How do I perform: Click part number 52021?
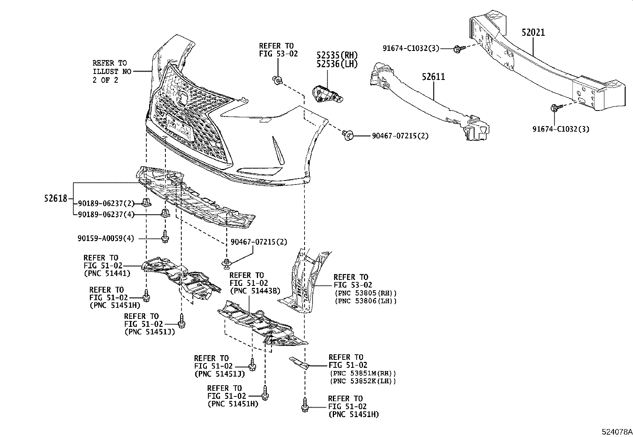coord(533,33)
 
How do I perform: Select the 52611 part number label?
coord(433,76)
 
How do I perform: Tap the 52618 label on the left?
coord(56,198)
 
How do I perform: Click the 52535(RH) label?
coord(337,55)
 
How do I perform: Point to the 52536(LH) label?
coord(337,64)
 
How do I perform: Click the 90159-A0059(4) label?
coord(106,239)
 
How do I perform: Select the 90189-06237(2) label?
coord(106,204)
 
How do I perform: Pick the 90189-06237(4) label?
coord(106,215)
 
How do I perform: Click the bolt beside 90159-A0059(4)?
coord(165,237)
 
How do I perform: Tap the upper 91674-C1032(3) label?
coord(411,49)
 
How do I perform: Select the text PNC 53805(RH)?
coord(366,293)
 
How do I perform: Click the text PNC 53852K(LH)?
coord(363,381)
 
